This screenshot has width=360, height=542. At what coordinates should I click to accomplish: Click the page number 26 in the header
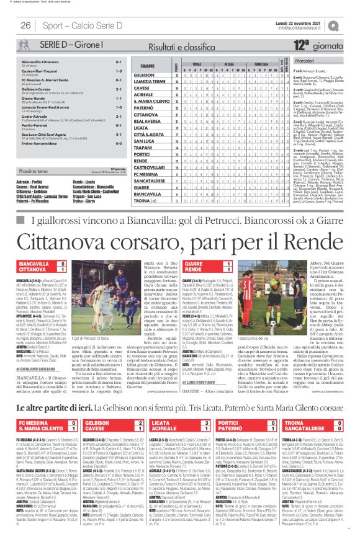click(26, 25)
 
